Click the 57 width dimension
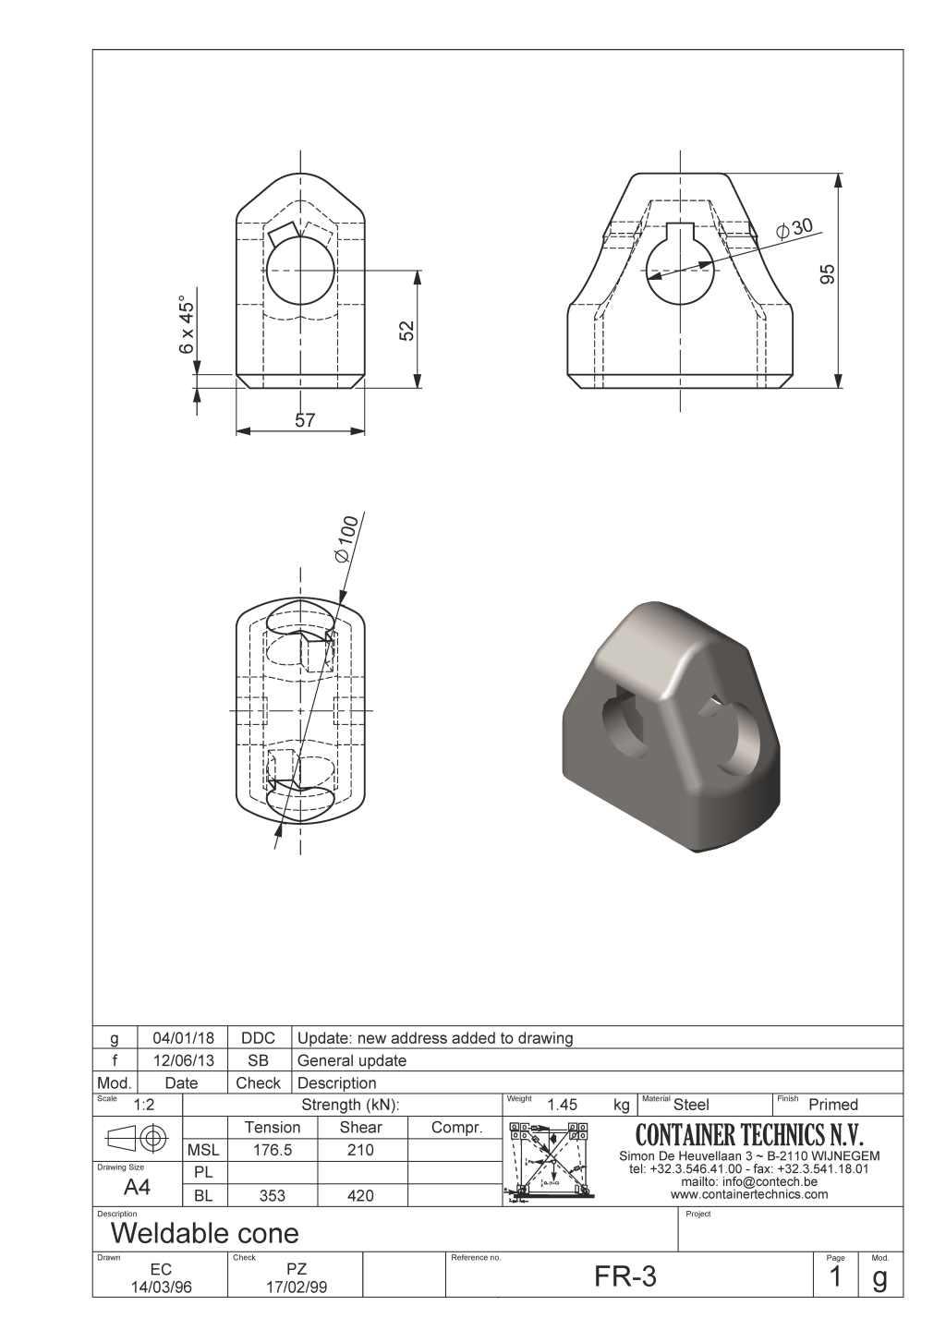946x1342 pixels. (305, 420)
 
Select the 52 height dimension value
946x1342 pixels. (406, 330)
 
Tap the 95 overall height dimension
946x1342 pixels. (828, 274)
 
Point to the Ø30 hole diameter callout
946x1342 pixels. (794, 227)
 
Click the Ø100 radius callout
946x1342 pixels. (344, 541)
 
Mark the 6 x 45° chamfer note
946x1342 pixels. (188, 324)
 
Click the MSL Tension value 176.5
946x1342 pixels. (273, 1150)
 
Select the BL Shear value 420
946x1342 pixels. (360, 1196)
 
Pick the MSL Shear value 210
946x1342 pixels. (360, 1150)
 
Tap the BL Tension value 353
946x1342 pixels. (273, 1196)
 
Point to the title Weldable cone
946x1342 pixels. (204, 1233)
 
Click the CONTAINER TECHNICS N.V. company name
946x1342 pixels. (749, 1134)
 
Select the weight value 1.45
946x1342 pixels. (562, 1105)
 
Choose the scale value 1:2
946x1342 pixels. (144, 1106)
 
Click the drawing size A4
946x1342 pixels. (137, 1188)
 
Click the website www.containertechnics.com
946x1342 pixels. (749, 1194)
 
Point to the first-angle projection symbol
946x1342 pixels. (138, 1138)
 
